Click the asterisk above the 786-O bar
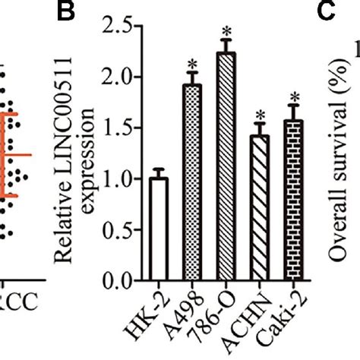click(x=226, y=33)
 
